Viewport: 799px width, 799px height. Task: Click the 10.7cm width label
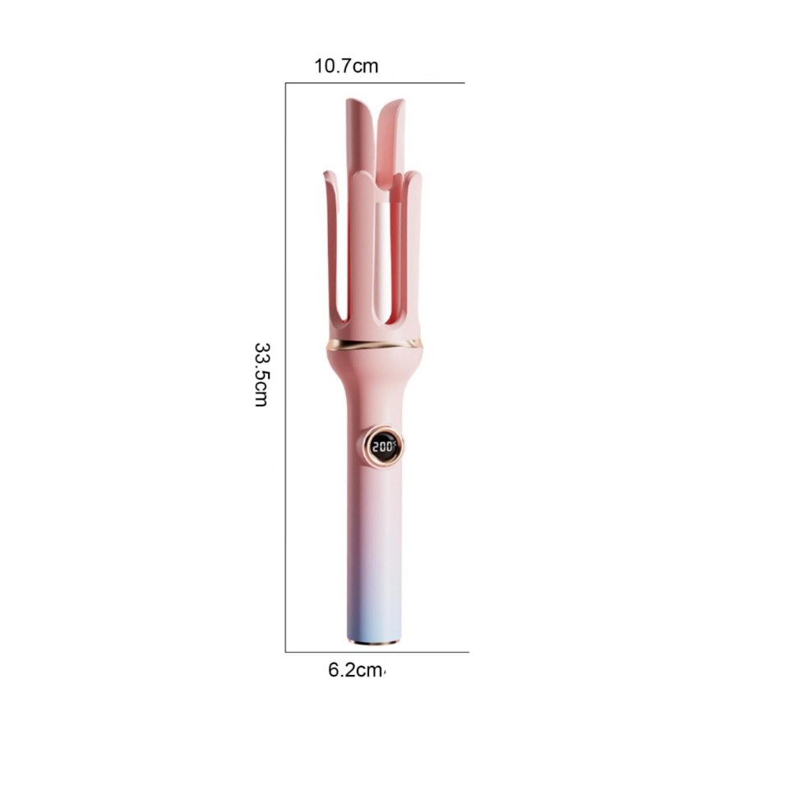[346, 67]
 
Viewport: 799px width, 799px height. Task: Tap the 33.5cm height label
[261, 375]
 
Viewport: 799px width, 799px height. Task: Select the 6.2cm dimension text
[355, 670]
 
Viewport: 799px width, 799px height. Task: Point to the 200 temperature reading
[383, 447]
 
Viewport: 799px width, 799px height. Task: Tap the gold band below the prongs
[375, 344]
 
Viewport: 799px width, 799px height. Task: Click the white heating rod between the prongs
[383, 255]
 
